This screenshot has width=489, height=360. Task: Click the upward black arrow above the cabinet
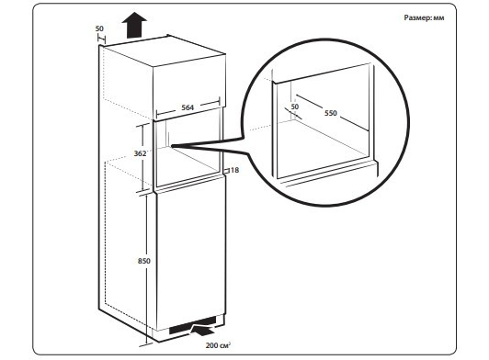click(x=134, y=25)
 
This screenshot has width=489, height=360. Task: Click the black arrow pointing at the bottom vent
click(x=203, y=330)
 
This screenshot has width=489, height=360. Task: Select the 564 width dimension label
click(x=188, y=107)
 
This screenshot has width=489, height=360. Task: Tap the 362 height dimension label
click(x=140, y=153)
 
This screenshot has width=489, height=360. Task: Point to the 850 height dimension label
click(x=144, y=261)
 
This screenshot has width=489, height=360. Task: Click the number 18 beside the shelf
click(x=234, y=170)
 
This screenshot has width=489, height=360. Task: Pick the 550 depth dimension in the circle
click(x=331, y=113)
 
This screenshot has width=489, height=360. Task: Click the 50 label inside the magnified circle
click(x=295, y=107)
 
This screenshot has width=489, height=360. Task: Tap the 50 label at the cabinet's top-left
click(x=99, y=28)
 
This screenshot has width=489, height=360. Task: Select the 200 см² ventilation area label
click(x=218, y=345)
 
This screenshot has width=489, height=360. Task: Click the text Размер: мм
click(x=424, y=17)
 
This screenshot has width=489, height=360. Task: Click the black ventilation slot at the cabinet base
click(x=192, y=326)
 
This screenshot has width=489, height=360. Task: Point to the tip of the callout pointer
click(x=171, y=145)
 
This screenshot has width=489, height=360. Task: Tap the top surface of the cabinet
click(x=164, y=51)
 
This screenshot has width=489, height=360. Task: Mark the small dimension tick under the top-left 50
click(x=101, y=39)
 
